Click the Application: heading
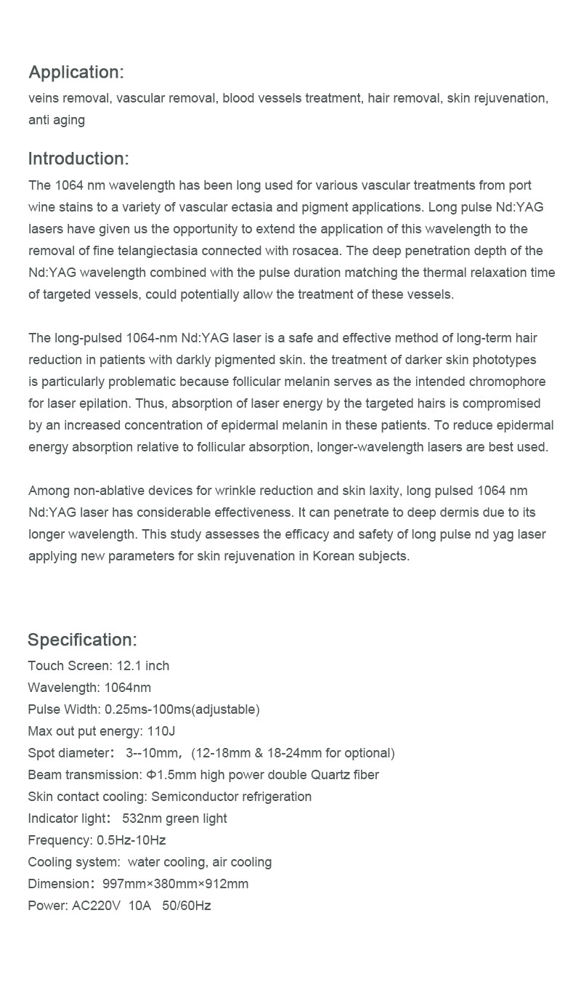76,72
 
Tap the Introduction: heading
78,158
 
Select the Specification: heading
82,640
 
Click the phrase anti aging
57,120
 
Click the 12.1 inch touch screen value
142,666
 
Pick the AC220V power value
96,906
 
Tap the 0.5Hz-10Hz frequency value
131,840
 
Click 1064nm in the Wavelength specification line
128,688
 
